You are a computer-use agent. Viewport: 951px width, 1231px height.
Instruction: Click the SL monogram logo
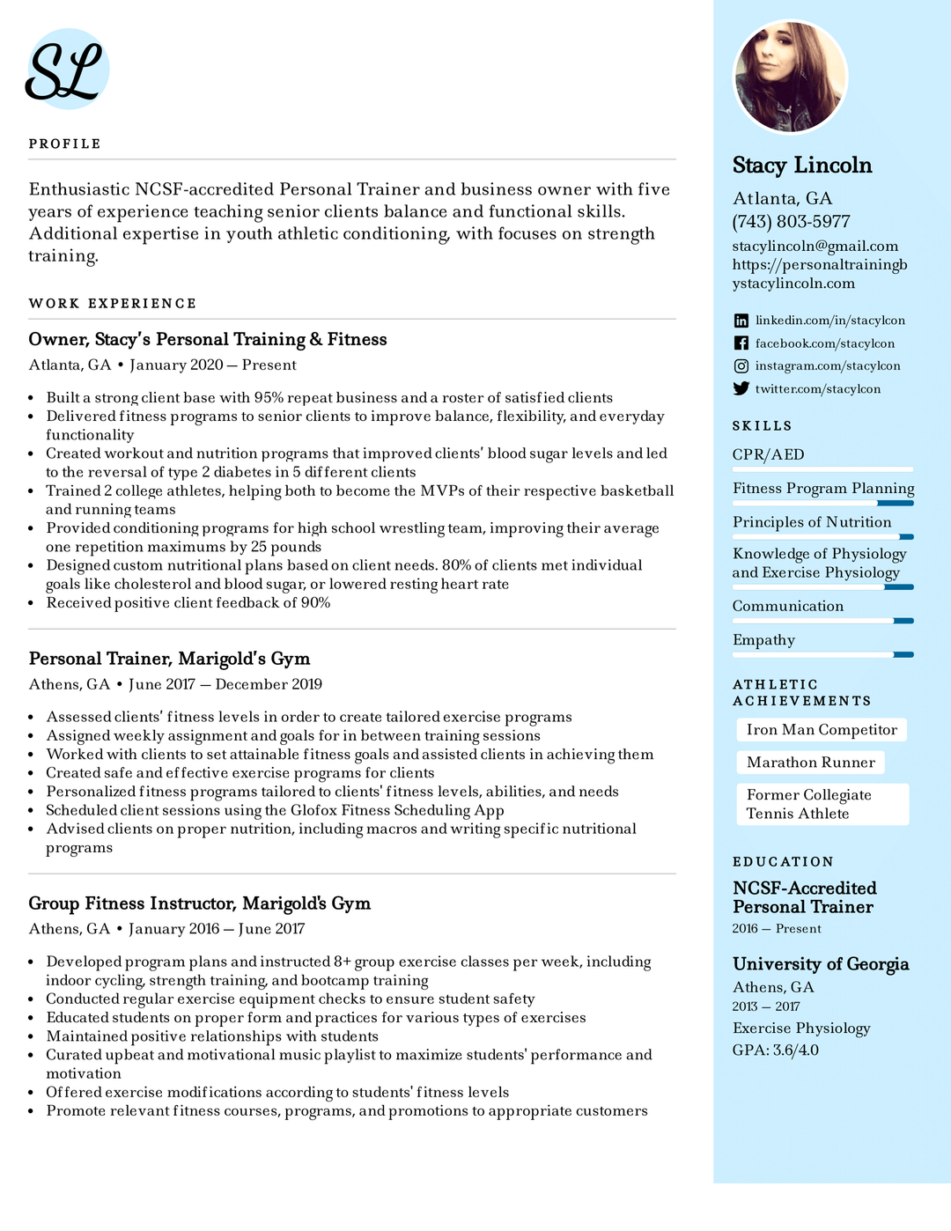coord(66,70)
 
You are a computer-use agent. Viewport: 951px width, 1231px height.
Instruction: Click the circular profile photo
coord(790,77)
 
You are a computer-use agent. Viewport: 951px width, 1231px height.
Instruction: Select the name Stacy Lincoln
coord(801,166)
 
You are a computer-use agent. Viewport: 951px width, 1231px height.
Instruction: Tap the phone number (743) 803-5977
coord(791,222)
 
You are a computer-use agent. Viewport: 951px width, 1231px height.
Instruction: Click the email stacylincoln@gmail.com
coord(815,247)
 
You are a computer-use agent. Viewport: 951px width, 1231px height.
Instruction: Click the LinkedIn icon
coord(741,321)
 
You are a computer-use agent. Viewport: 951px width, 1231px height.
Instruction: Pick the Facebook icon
coord(741,343)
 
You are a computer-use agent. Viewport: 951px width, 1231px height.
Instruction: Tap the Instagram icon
coord(741,366)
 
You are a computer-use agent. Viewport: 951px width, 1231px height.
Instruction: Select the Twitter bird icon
coord(741,388)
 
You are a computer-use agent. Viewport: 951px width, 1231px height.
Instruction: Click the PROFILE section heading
coord(64,144)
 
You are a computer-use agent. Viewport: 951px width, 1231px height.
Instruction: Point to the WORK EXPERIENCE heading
coord(113,304)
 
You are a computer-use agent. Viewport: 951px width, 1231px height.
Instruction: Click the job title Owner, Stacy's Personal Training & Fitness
coord(208,340)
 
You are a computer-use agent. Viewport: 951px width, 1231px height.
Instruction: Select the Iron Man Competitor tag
coord(821,730)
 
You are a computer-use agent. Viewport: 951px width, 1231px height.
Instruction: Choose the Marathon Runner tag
coord(810,763)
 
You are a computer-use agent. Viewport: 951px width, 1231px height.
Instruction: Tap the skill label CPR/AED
coord(768,455)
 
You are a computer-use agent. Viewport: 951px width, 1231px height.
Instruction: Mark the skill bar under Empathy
coord(822,654)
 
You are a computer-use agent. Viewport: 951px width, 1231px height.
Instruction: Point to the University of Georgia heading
coord(820,964)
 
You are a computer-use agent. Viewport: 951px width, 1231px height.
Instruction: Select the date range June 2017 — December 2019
coord(225,684)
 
